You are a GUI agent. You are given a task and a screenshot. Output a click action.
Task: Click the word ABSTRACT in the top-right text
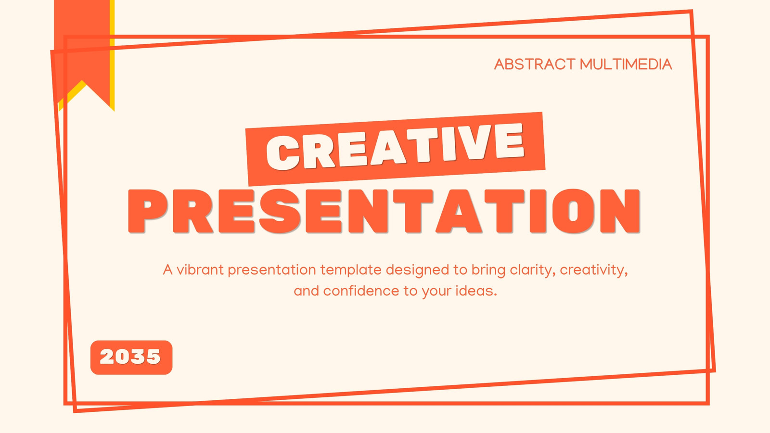pyautogui.click(x=535, y=64)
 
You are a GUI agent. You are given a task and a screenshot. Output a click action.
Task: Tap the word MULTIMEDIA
pyautogui.click(x=626, y=64)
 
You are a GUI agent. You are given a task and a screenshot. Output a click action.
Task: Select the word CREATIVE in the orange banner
pyautogui.click(x=395, y=147)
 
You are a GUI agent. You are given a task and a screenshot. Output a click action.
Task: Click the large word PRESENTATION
pyautogui.click(x=384, y=211)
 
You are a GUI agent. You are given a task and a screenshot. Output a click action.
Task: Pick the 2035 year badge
pyautogui.click(x=131, y=357)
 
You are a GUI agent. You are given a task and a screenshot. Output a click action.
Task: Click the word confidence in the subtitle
pyautogui.click(x=361, y=291)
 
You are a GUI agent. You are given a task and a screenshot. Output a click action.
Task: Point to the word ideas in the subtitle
pyautogui.click(x=476, y=291)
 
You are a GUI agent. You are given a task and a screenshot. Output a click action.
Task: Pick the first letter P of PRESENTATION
pyautogui.click(x=147, y=211)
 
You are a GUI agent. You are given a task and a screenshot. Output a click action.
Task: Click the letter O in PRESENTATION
pyautogui.click(x=573, y=211)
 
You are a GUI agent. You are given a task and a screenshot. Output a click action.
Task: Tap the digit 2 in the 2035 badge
pyautogui.click(x=107, y=357)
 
